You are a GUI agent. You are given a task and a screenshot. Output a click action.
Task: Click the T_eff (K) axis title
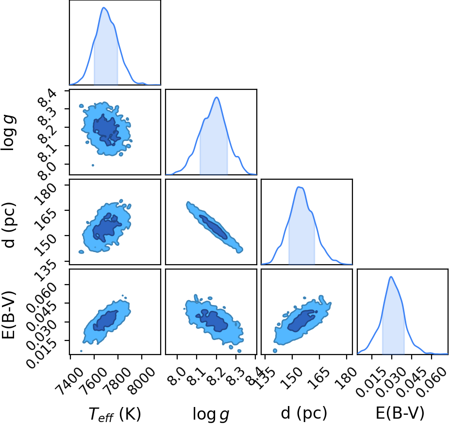coord(115,414)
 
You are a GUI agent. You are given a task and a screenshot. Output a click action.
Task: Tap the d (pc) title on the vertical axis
coord(9,225)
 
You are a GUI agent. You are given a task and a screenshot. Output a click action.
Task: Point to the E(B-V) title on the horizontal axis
coord(400,413)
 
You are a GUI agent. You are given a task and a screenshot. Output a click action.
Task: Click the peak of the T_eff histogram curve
coord(104,7)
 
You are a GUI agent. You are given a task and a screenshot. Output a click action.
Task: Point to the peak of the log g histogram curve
coord(217,97)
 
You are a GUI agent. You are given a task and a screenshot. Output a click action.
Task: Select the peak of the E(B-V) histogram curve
coord(391,277)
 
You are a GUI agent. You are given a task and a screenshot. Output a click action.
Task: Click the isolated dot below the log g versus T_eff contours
coord(93,165)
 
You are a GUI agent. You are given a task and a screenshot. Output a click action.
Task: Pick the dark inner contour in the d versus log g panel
coord(214,227)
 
